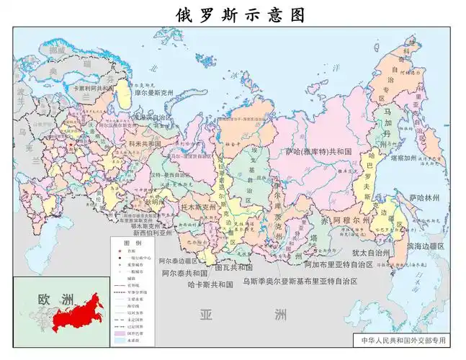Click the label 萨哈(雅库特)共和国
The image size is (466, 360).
click(318, 152)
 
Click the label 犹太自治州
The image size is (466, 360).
click(371, 253)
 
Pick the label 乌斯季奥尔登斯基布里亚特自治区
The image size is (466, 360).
click(300, 281)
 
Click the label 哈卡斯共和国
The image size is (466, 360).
click(210, 284)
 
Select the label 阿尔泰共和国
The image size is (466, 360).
click(184, 274)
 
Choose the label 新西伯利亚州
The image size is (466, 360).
click(153, 233)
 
